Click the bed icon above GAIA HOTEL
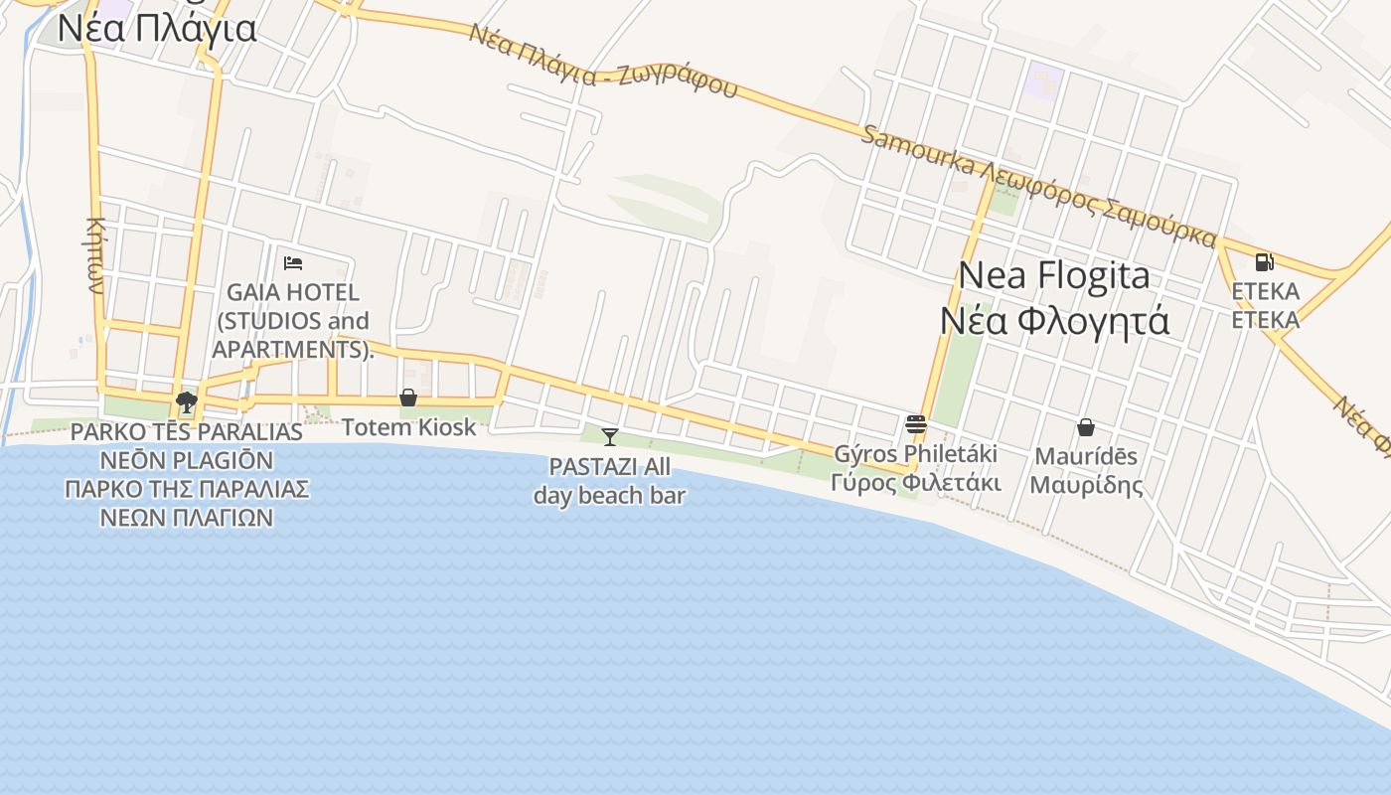[x=293, y=263]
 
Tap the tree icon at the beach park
[x=186, y=402]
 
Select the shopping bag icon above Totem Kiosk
[x=408, y=397]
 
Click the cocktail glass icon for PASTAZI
[x=610, y=436]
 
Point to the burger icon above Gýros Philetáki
[x=916, y=424]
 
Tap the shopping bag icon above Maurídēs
[x=1086, y=427]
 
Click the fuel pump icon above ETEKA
[x=1265, y=262]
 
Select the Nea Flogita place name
[x=1054, y=275]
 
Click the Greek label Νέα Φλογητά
[x=1054, y=321]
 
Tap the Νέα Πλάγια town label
[x=157, y=28]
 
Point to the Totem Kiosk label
[x=409, y=427]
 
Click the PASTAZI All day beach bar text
[x=610, y=481]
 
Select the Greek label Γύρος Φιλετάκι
[x=916, y=483]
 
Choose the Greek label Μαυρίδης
[x=1086, y=485]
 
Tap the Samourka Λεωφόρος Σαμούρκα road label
[x=1038, y=186]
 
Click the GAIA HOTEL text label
[x=293, y=293]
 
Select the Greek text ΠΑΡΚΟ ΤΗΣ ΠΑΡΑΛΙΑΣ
[x=187, y=489]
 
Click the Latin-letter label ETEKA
[x=1265, y=291]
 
